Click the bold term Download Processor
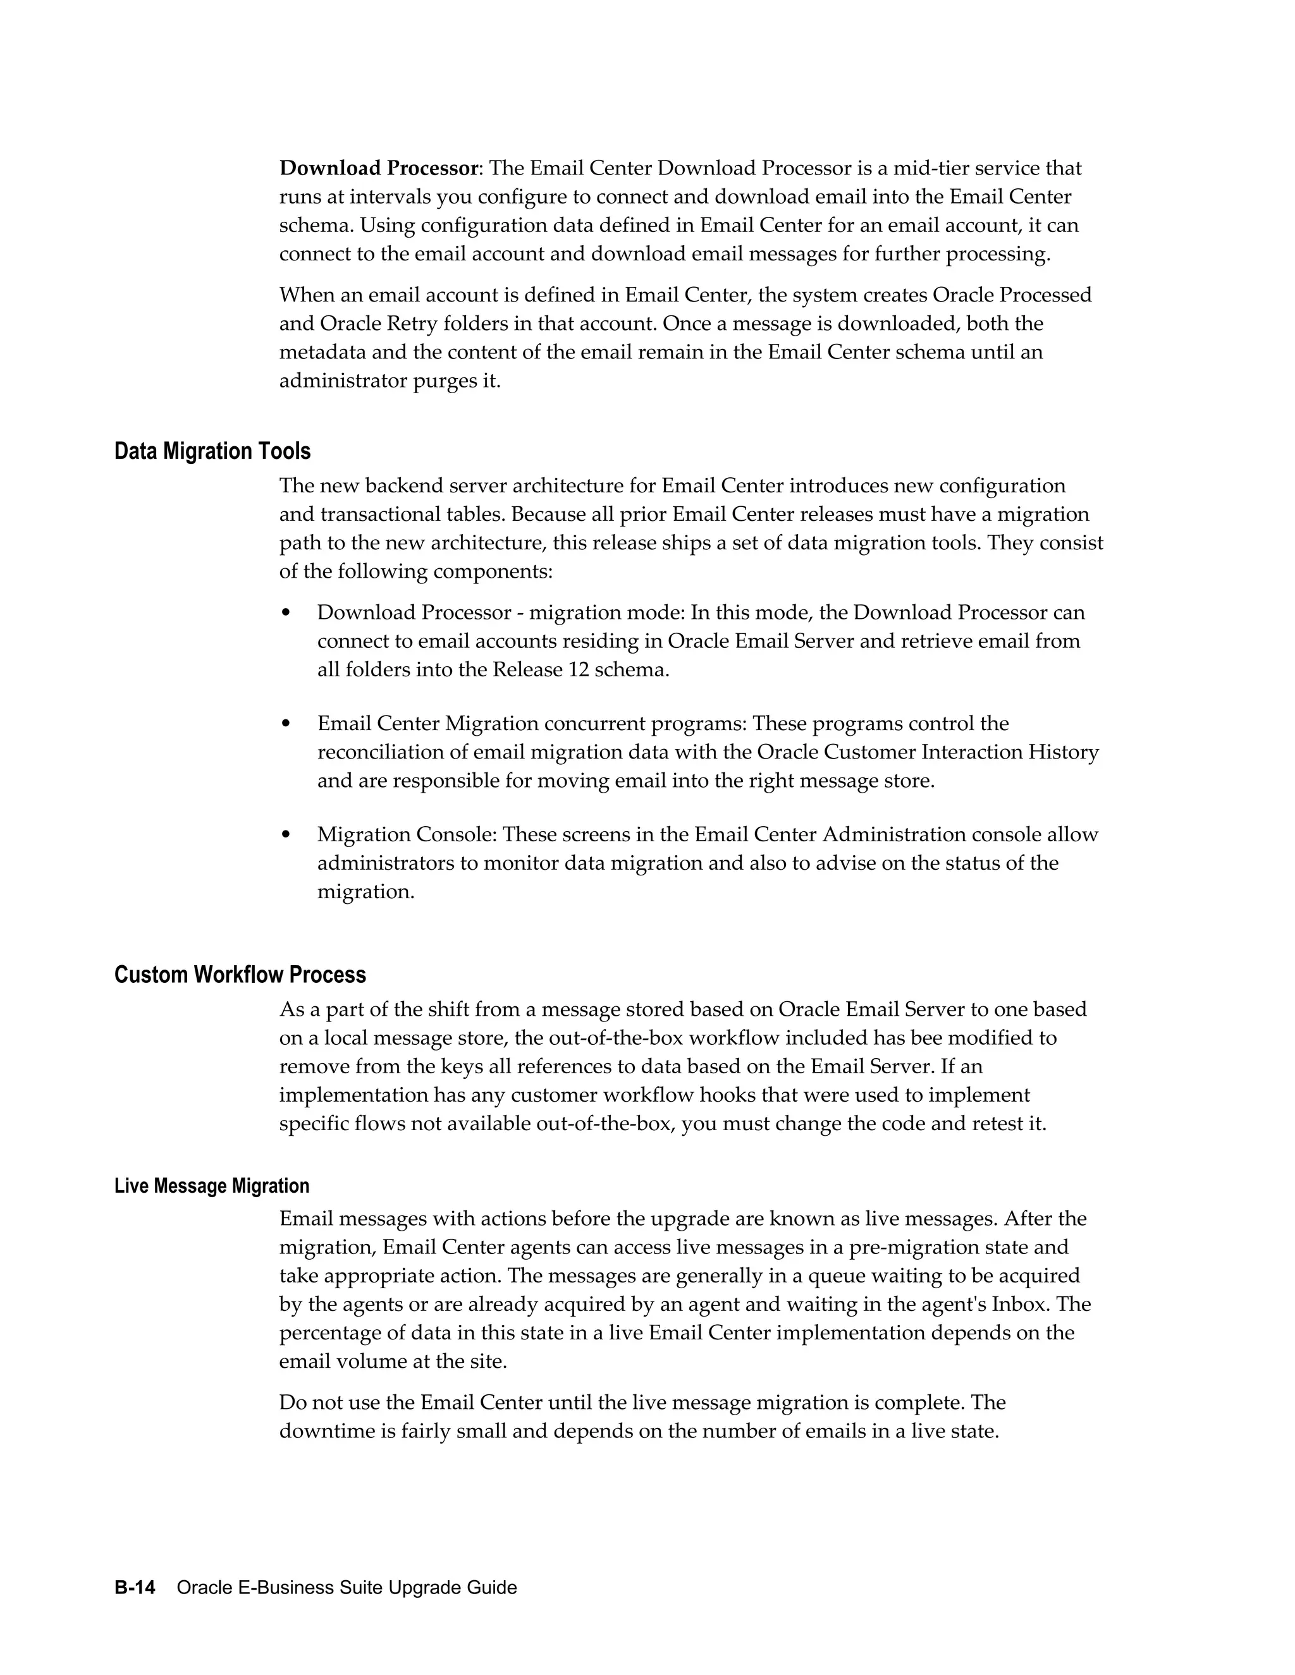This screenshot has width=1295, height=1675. coord(378,168)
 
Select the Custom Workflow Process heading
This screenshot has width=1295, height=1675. coord(240,975)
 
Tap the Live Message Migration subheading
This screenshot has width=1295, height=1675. coord(212,1186)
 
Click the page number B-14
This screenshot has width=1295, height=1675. coord(135,1588)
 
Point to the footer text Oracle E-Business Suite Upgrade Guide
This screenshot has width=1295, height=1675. coord(347,1588)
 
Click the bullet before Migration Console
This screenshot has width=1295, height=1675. coord(286,834)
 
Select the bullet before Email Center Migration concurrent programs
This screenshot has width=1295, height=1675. coord(286,724)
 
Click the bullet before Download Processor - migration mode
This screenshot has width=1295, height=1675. coord(286,612)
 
